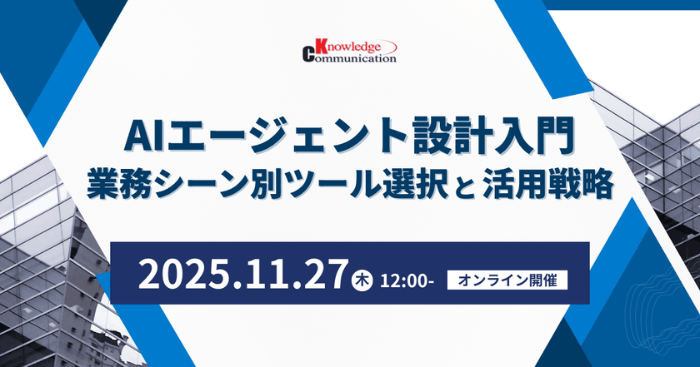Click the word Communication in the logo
click(356, 58)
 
